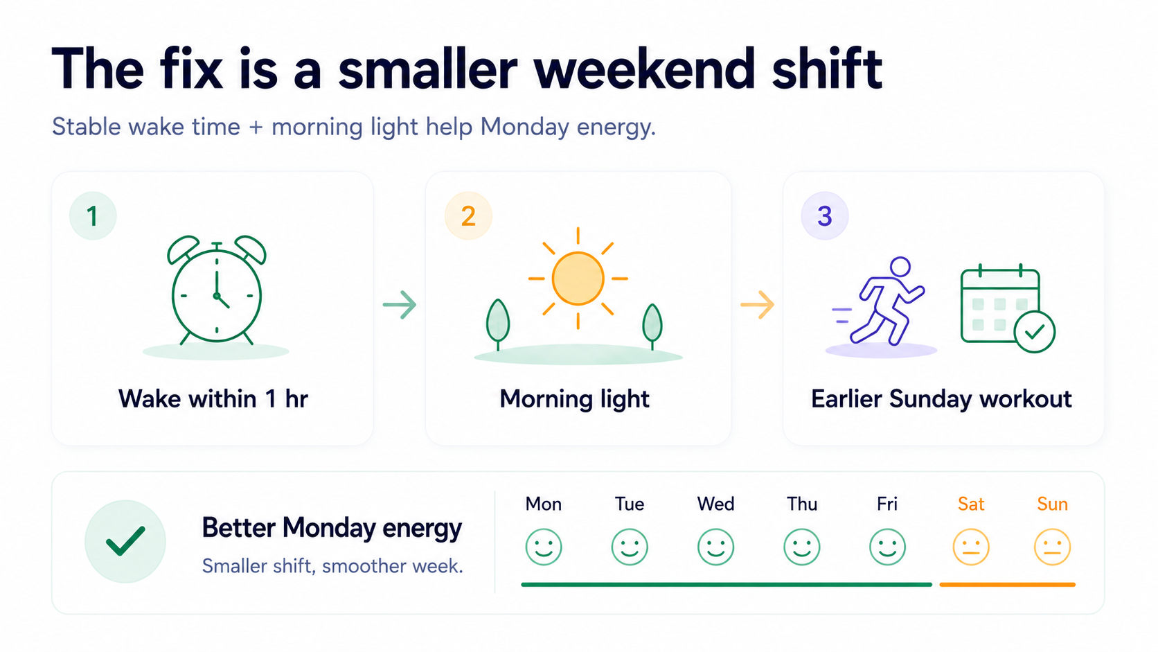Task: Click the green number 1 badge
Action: tap(93, 215)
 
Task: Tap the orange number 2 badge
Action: tap(468, 215)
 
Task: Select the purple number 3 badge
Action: tap(825, 215)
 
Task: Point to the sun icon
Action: tap(578, 278)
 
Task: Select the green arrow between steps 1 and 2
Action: tap(400, 305)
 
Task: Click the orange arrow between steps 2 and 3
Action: tap(758, 305)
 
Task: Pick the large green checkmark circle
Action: tap(125, 541)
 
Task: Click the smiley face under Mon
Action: tap(543, 547)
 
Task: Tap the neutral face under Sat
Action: tap(971, 547)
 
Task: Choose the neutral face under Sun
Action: tap(1052, 547)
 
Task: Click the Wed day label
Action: tap(715, 504)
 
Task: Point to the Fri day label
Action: tap(887, 504)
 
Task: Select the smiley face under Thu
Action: tap(802, 547)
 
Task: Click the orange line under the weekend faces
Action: tap(1008, 584)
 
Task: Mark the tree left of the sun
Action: tap(498, 323)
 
